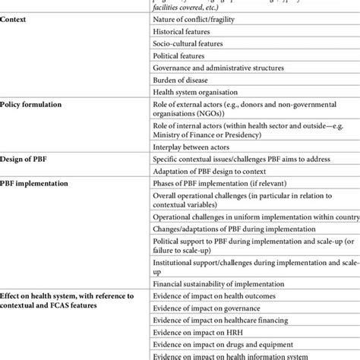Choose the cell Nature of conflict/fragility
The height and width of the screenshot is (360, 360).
pyautogui.click(x=195, y=18)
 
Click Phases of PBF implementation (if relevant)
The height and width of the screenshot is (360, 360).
pyautogui.click(x=217, y=185)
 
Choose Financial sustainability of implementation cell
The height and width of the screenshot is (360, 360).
pyautogui.click(x=218, y=283)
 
